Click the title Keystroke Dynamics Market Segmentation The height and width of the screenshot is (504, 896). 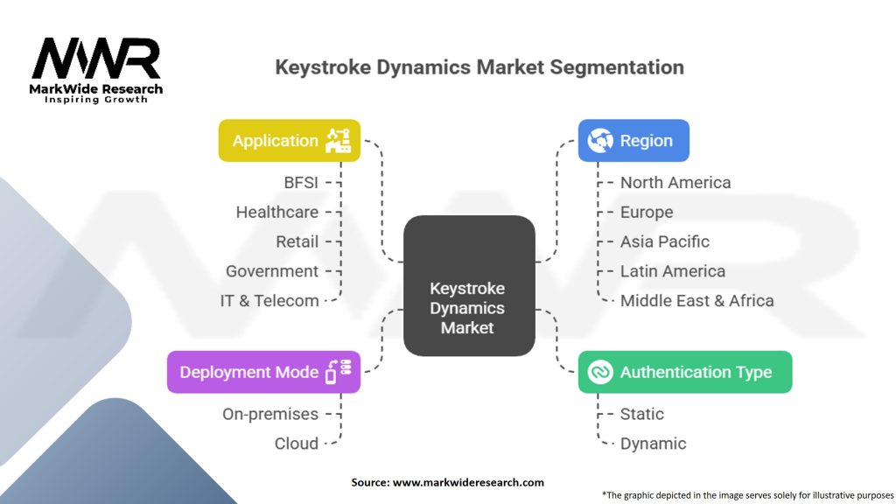coord(479,67)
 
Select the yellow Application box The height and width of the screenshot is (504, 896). coord(289,140)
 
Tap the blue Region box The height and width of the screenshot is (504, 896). coord(633,140)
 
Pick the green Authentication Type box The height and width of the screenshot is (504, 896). coord(685,372)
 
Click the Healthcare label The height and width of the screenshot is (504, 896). coord(277,212)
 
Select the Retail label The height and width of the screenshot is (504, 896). coord(297,241)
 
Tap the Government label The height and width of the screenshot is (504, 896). coord(272,271)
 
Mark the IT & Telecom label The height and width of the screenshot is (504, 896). coord(269,301)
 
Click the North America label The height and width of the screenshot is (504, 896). coord(675,182)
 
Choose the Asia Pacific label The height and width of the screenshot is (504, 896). coord(665,241)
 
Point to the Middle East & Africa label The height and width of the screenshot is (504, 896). coord(697,301)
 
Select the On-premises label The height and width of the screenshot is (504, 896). coord(270,414)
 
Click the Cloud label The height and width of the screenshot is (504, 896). coord(297,444)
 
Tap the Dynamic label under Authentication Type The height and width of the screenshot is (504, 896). coord(654,444)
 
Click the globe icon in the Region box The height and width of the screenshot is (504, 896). coord(600,140)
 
